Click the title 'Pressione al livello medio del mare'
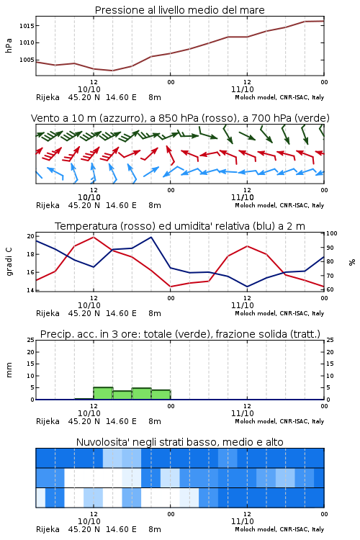point(179,10)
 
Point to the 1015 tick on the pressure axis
point(27,26)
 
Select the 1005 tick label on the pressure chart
point(27,60)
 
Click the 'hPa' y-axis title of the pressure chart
point(9,45)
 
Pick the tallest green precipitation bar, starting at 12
point(104,393)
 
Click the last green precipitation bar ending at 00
point(161,395)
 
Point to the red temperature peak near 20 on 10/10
point(94,237)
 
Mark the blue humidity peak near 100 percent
point(151,237)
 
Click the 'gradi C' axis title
point(9,262)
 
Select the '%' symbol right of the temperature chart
point(352,262)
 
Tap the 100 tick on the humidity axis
point(331,233)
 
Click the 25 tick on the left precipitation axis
point(31,340)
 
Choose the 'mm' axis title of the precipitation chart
point(9,370)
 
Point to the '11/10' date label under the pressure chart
point(243,89)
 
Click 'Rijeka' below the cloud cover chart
point(48,529)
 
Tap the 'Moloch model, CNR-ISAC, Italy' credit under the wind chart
point(279,205)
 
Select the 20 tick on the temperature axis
point(31,236)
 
